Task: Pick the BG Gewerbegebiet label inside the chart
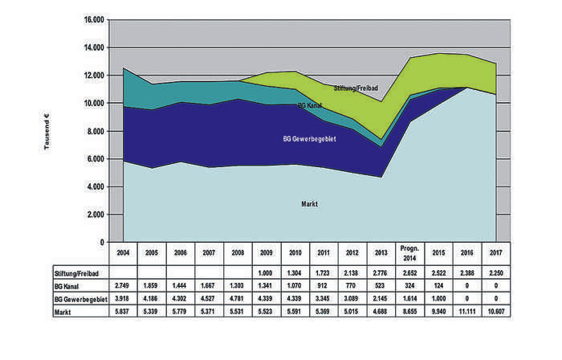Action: (x=309, y=139)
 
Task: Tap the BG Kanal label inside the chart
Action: (x=312, y=106)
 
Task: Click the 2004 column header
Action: (x=123, y=255)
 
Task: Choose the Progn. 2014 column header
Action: (x=412, y=255)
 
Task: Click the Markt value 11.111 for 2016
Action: (x=468, y=310)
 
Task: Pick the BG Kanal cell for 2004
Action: (x=123, y=286)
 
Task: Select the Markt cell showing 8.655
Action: (x=412, y=310)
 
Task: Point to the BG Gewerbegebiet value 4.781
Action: (x=238, y=298)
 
